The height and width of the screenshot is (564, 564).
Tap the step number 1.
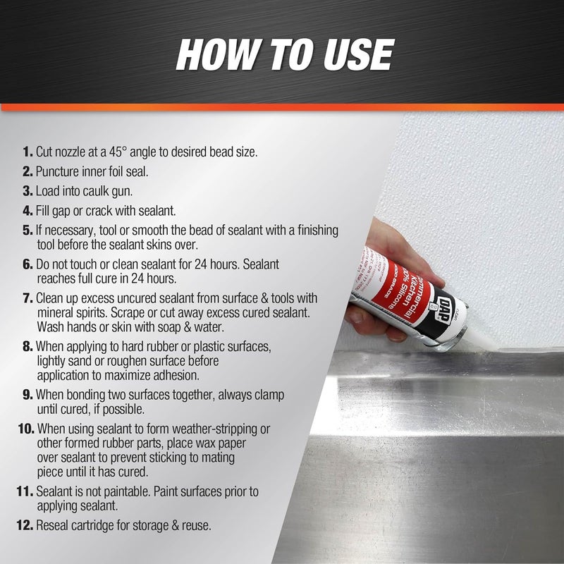[27, 152]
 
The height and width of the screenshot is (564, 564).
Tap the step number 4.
[27, 210]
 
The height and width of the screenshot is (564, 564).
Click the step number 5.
[27, 230]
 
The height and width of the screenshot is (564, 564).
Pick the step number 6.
[27, 263]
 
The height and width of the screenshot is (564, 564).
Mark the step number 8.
[27, 348]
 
